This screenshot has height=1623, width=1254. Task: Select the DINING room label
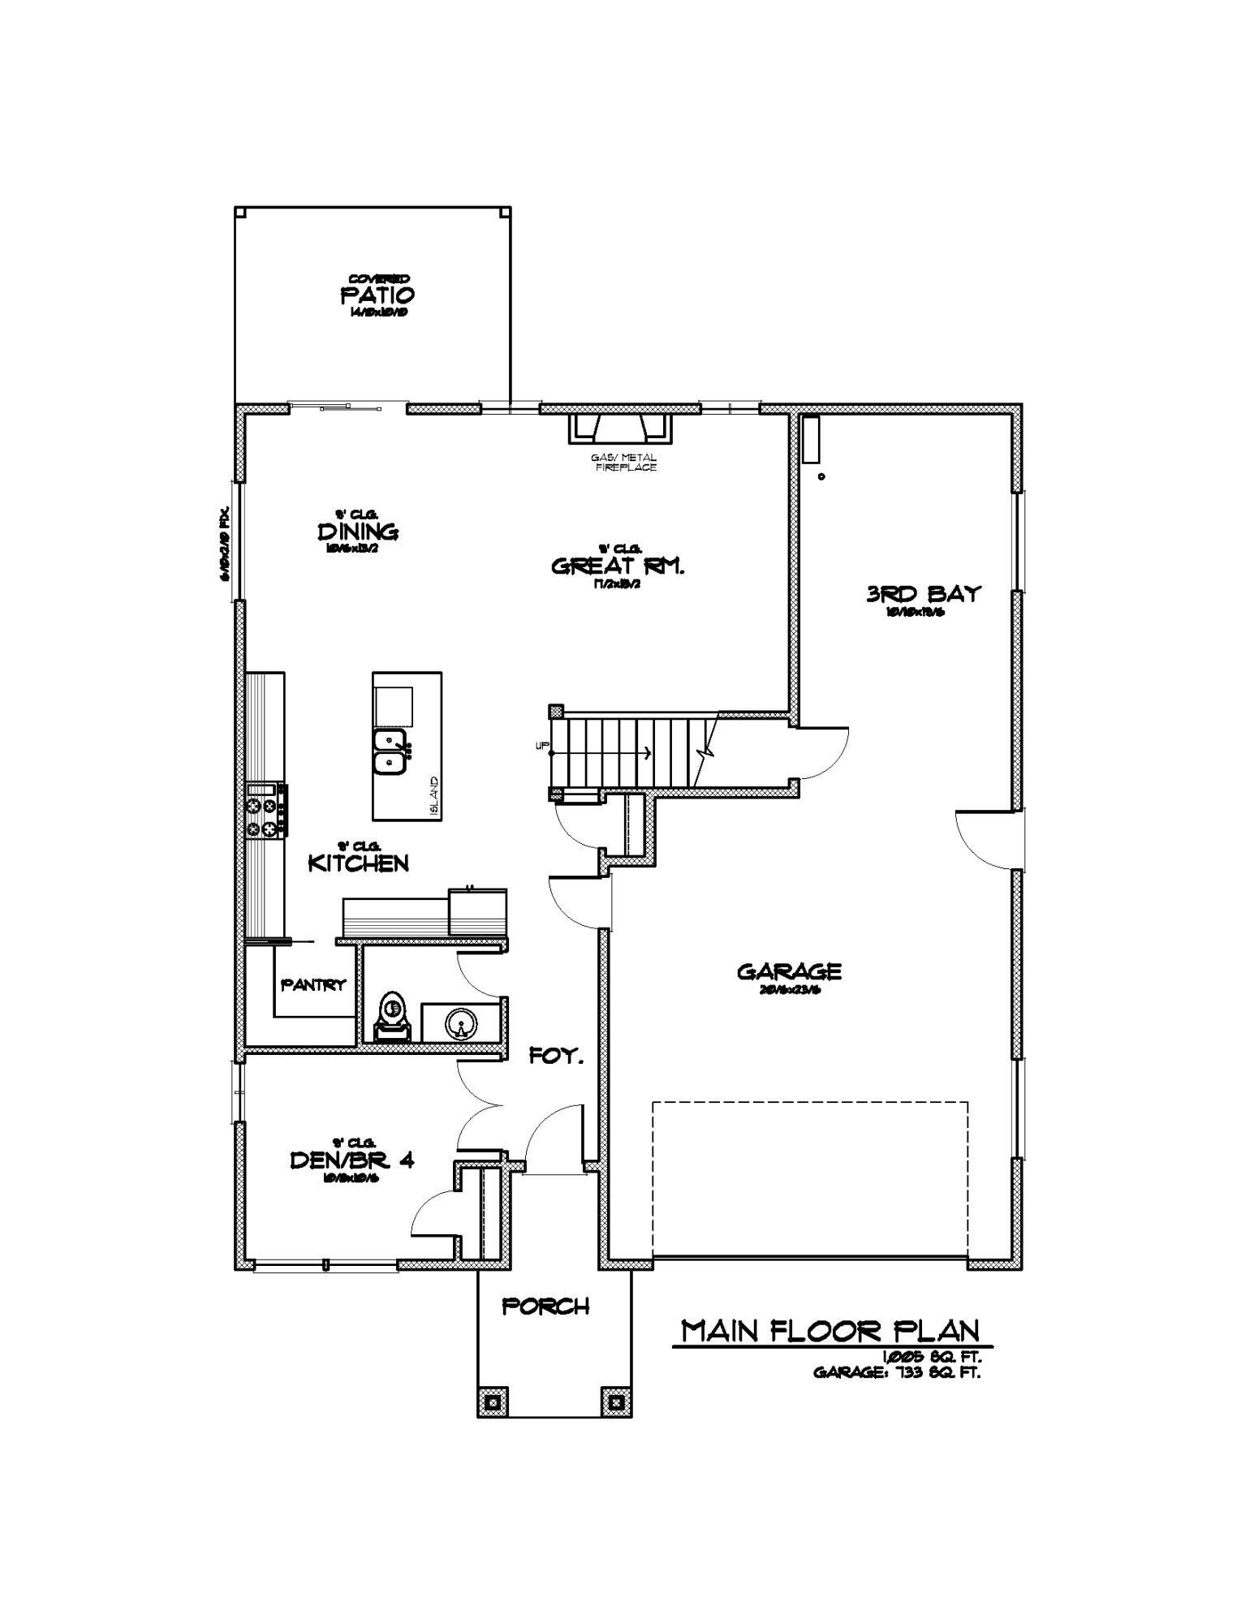tap(357, 532)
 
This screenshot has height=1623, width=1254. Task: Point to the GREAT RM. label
tap(618, 566)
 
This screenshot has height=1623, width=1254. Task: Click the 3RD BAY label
tap(923, 594)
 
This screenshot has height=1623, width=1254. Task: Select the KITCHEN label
tap(358, 863)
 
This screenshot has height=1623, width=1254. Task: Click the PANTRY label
tap(313, 985)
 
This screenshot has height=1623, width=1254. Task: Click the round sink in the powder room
tap(459, 1023)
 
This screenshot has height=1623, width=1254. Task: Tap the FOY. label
tap(556, 1056)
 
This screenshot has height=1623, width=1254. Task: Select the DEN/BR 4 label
tap(351, 1160)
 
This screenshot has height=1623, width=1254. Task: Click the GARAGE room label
tap(789, 971)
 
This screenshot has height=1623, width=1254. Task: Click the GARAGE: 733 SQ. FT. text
tap(896, 1374)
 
